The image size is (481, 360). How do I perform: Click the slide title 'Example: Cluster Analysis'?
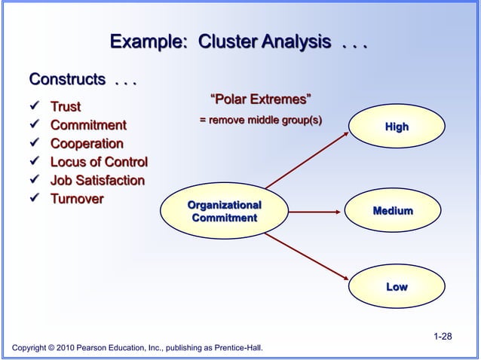pyautogui.click(x=237, y=42)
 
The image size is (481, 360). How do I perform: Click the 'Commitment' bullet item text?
pyautogui.click(x=88, y=125)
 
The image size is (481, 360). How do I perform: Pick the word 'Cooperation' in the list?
pyautogui.click(x=87, y=143)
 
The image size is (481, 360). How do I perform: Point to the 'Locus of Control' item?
pyautogui.click(x=99, y=162)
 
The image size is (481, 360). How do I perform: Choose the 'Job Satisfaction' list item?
pyautogui.click(x=97, y=180)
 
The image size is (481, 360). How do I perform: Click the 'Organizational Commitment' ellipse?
pyautogui.click(x=224, y=212)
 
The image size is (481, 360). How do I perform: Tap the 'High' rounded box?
pyautogui.click(x=397, y=127)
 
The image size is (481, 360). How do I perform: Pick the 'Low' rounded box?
pyautogui.click(x=397, y=287)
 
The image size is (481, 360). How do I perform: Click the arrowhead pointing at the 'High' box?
pyautogui.click(x=344, y=133)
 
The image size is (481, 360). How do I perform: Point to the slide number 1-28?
pyautogui.click(x=443, y=335)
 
